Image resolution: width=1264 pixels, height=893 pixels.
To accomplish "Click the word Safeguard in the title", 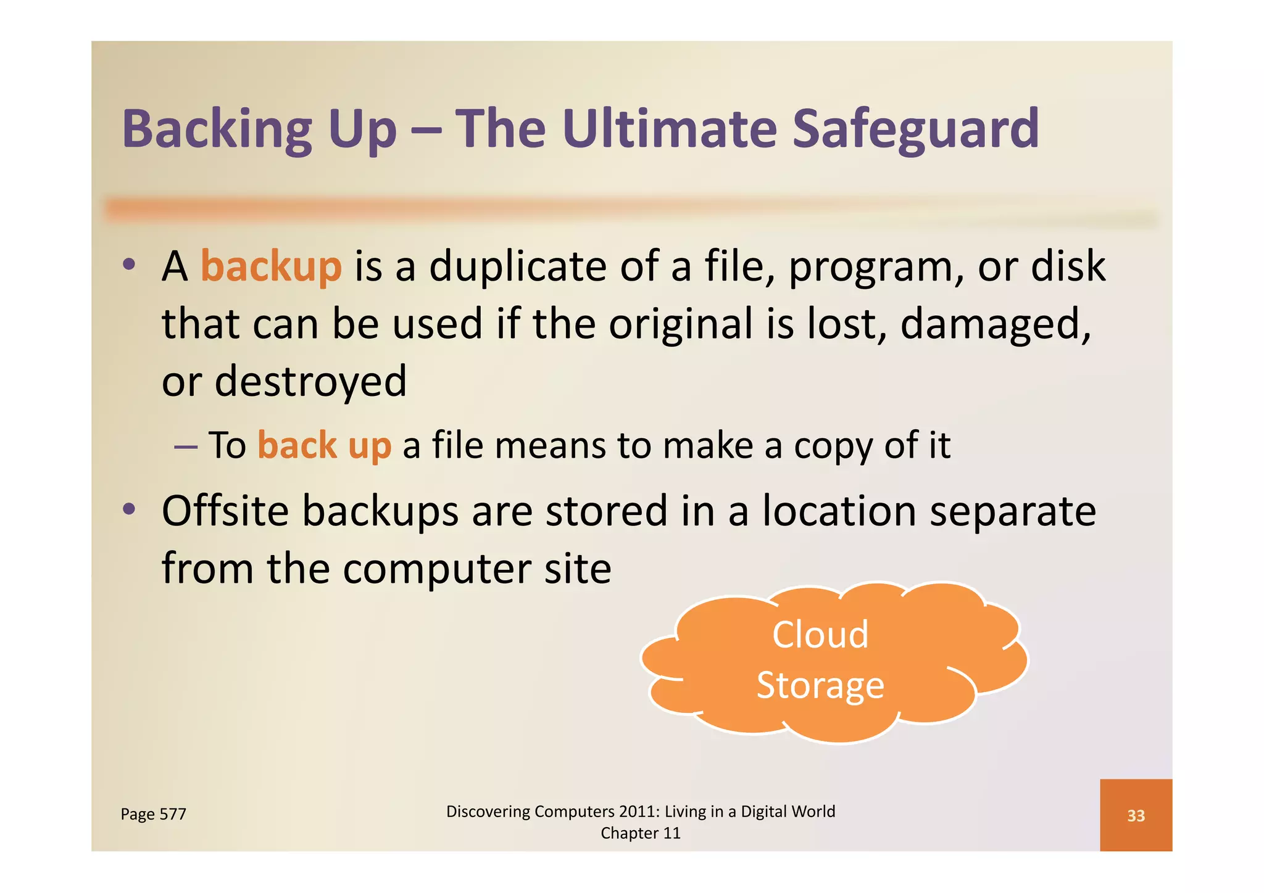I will click(915, 130).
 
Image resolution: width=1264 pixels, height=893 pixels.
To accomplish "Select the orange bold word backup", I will click(271, 266).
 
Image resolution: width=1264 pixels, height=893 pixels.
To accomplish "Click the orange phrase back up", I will click(324, 445).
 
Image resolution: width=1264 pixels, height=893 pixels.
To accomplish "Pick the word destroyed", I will click(310, 381).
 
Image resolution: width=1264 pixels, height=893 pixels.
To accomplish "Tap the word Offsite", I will click(225, 511).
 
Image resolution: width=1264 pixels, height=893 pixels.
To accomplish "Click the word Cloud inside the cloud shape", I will click(820, 635).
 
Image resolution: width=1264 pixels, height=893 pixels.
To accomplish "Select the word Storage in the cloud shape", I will click(820, 686).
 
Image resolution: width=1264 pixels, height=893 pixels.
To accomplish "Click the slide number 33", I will click(1136, 816).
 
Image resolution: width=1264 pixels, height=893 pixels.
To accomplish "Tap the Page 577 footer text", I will click(153, 814).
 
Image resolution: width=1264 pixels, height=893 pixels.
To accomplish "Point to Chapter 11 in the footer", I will click(640, 833).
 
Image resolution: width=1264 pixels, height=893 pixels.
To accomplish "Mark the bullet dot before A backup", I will click(128, 265).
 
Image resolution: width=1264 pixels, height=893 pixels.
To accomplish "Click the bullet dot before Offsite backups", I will click(128, 509).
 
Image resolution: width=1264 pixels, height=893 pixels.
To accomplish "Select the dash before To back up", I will click(186, 446).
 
